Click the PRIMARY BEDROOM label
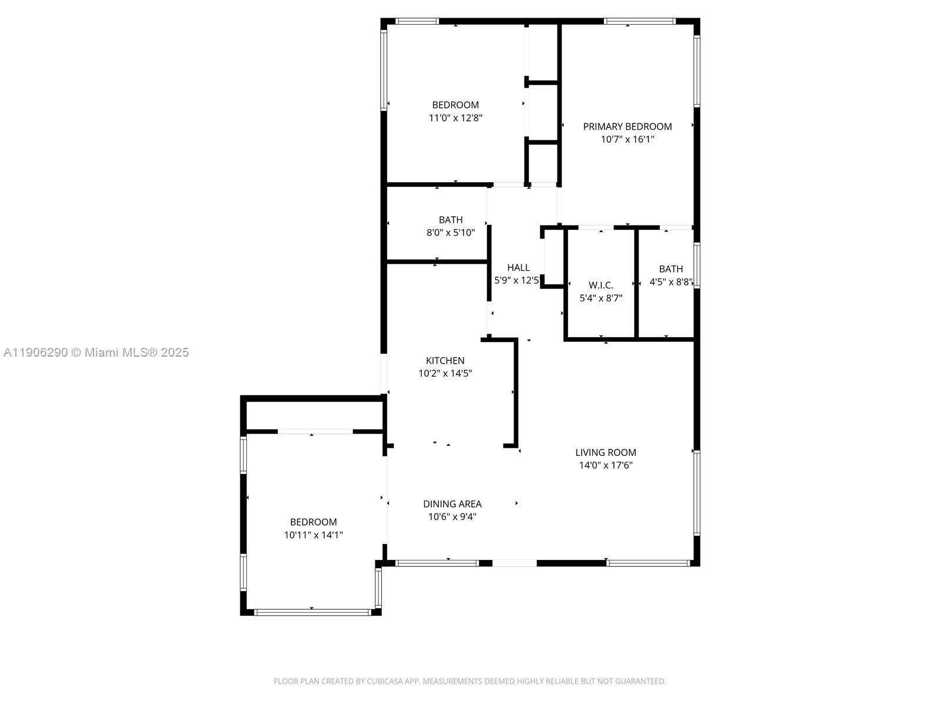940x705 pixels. point(627,126)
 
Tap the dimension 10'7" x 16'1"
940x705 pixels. point(627,140)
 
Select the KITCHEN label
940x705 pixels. point(445,361)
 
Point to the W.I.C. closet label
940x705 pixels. point(600,286)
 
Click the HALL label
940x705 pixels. point(518,268)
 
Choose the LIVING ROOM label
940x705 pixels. point(605,452)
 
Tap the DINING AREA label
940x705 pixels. point(452,504)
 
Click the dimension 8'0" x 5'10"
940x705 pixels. point(450,233)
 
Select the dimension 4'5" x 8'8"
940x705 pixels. point(670,282)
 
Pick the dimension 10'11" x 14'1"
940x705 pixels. point(313,535)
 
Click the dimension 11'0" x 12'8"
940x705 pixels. point(455,118)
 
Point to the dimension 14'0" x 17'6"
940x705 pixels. point(605,465)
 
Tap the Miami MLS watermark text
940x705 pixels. point(96,352)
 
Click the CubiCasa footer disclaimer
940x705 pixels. point(469,681)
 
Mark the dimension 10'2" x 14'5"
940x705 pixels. point(445,374)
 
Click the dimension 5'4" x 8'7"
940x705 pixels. point(600,298)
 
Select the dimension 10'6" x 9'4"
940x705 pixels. point(452,517)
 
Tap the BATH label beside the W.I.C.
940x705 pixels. point(670,269)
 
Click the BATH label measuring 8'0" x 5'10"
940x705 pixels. point(450,220)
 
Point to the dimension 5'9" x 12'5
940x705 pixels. point(516,281)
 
